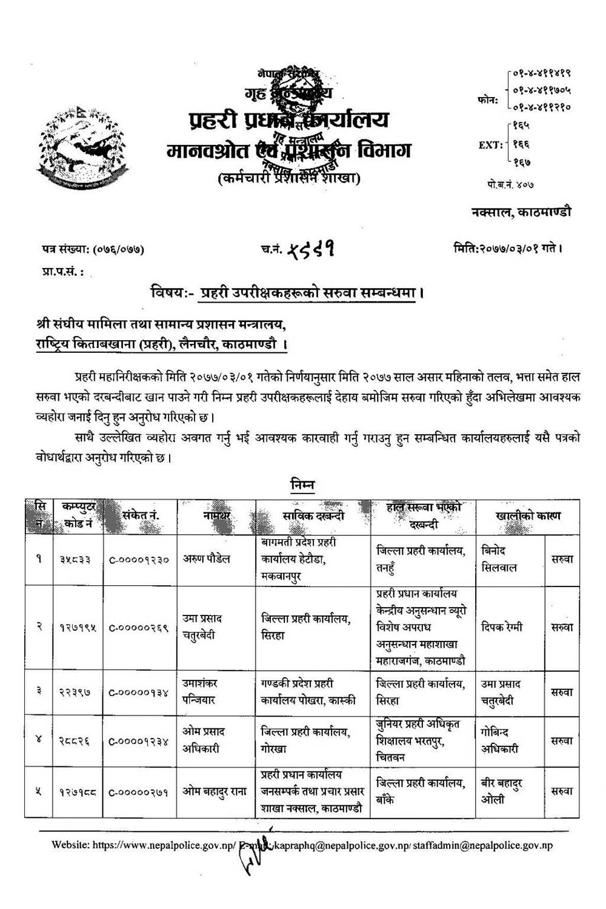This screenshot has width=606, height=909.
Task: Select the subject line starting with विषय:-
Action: click(x=287, y=292)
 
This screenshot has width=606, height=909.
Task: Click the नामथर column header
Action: click(x=216, y=516)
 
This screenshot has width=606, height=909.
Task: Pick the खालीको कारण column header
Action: click(x=527, y=516)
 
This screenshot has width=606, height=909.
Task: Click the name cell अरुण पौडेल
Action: click(x=207, y=559)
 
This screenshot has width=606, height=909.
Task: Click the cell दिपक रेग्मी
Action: click(x=501, y=627)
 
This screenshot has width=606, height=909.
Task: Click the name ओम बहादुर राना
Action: click(x=215, y=792)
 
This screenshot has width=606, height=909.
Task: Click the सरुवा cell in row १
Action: click(x=562, y=559)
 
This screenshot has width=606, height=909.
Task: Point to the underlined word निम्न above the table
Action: click(x=302, y=485)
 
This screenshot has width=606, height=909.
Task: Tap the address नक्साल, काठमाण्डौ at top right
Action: click(x=521, y=212)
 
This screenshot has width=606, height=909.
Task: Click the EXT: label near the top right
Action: click(x=490, y=145)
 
